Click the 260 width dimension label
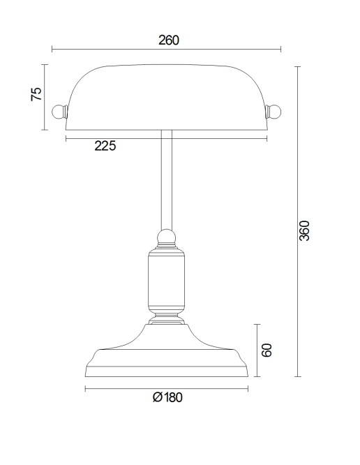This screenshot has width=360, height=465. [x=168, y=40]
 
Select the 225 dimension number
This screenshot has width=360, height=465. [x=105, y=146]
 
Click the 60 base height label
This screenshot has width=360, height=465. [x=265, y=350]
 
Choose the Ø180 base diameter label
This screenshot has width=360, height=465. [x=167, y=397]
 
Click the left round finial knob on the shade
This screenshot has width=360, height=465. [x=59, y=111]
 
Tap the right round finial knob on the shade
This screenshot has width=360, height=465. [x=274, y=111]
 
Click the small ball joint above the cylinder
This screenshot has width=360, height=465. [x=166, y=237]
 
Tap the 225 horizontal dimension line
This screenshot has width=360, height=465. [x=195, y=139]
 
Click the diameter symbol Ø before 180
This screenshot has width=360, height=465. [x=157, y=397]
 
